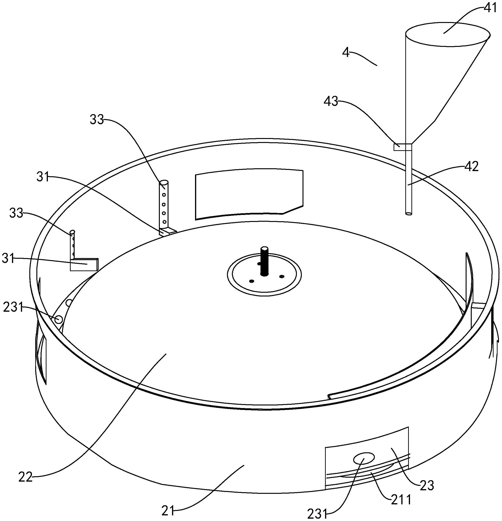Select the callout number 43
(x=331, y=101)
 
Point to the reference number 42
(x=471, y=167)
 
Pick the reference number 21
(x=168, y=511)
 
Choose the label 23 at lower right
(x=427, y=485)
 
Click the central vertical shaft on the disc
(x=264, y=262)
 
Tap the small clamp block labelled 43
(x=399, y=147)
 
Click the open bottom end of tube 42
(x=408, y=213)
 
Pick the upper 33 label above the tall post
(x=97, y=120)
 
